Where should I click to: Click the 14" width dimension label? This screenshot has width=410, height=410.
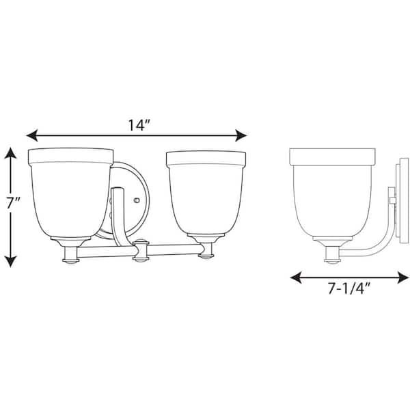click(x=139, y=125)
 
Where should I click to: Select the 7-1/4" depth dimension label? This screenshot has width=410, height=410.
click(x=348, y=288)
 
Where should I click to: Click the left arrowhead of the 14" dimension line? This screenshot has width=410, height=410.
click(x=32, y=135)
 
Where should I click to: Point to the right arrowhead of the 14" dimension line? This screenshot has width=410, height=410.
click(x=241, y=135)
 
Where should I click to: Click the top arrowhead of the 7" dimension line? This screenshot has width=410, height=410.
click(x=10, y=153)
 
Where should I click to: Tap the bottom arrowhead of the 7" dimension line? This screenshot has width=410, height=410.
click(x=10, y=261)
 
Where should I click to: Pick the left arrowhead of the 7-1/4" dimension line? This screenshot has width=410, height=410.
click(x=296, y=277)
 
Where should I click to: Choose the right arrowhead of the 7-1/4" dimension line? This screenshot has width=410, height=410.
click(x=402, y=277)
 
